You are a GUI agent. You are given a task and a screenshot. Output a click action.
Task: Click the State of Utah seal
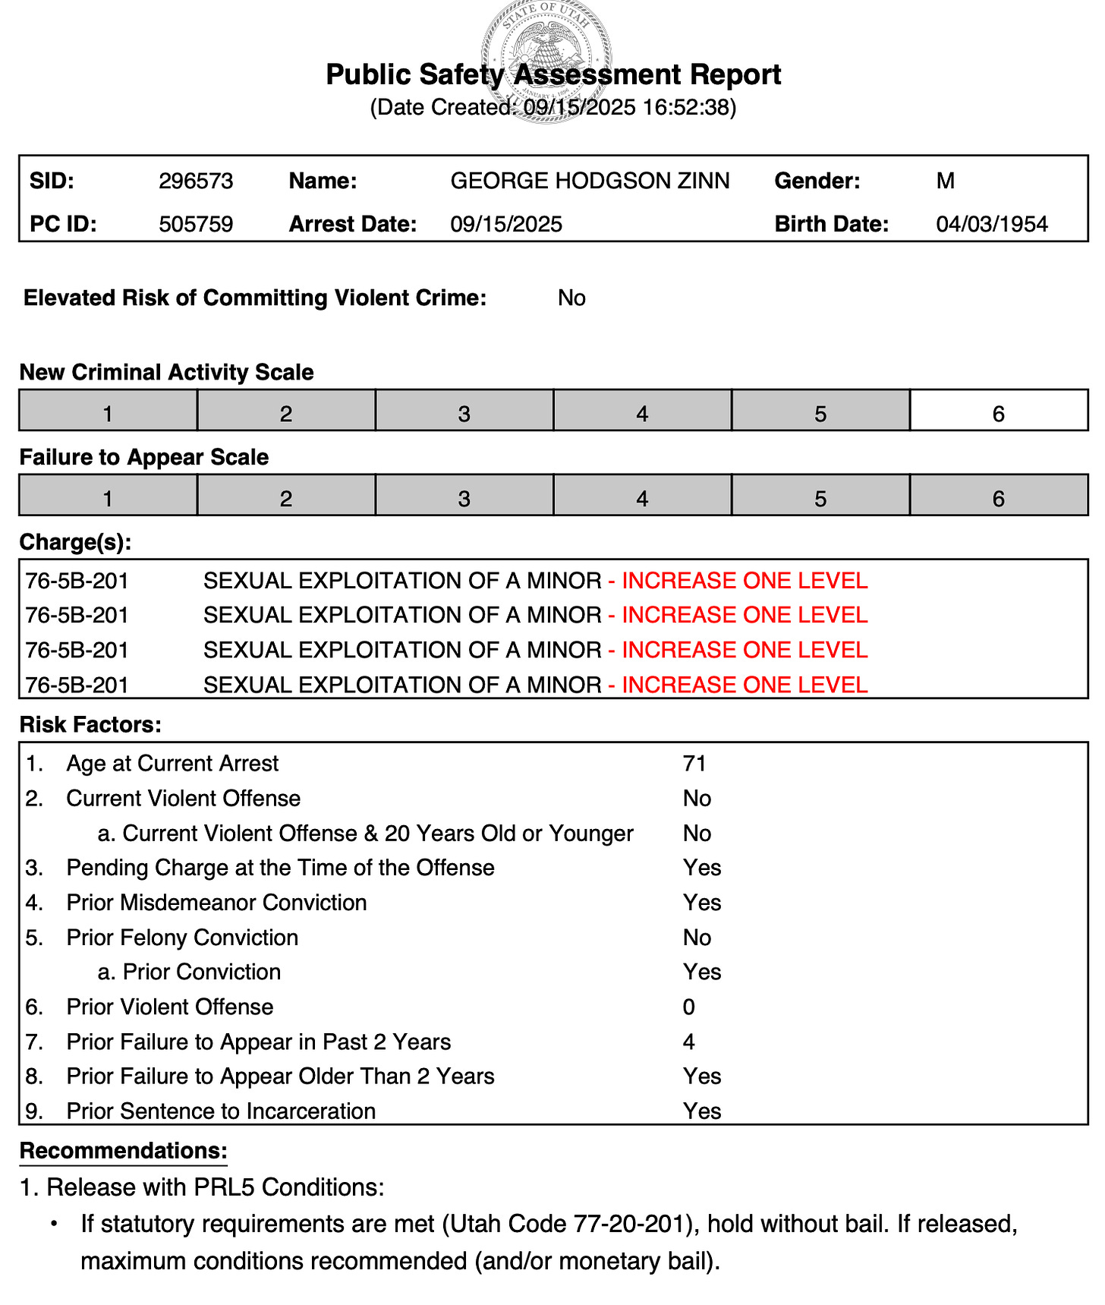546,61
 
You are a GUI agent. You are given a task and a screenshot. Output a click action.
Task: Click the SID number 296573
196,181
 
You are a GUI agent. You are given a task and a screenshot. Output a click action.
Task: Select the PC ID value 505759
196,225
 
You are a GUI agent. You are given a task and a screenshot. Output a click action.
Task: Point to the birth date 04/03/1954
992,225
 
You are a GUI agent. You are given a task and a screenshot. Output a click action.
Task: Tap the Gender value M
945,181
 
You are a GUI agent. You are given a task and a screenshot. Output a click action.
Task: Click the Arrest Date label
353,225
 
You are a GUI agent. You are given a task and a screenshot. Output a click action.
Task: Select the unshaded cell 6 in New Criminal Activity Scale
999,414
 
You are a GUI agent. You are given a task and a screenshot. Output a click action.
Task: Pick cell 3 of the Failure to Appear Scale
464,499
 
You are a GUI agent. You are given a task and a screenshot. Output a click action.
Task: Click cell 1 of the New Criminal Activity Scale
108,414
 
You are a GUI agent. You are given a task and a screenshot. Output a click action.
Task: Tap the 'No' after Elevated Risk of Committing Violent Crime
571,298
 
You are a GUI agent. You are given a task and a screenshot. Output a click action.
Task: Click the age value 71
694,764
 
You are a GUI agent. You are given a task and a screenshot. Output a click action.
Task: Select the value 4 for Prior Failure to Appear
688,1042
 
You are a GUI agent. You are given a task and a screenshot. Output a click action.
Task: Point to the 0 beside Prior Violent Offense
688,1007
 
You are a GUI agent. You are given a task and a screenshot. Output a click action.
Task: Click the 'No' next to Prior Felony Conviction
697,938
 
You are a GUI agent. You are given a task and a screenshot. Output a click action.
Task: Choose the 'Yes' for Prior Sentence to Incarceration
702,1111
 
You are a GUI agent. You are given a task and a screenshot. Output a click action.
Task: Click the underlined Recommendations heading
123,1151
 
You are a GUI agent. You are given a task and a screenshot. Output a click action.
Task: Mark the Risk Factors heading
90,725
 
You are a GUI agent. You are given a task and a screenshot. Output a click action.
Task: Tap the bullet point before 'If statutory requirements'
54,1225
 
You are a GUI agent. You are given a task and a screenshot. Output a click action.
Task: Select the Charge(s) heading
75,542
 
